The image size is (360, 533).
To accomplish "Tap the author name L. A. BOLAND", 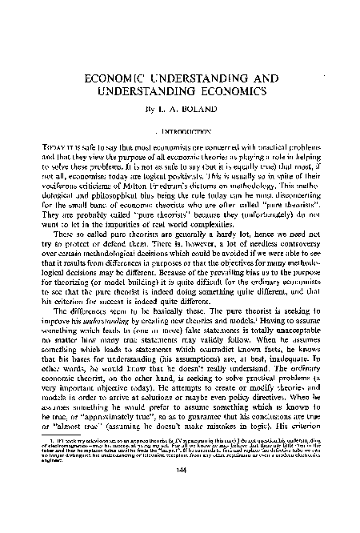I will pos(188,112).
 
